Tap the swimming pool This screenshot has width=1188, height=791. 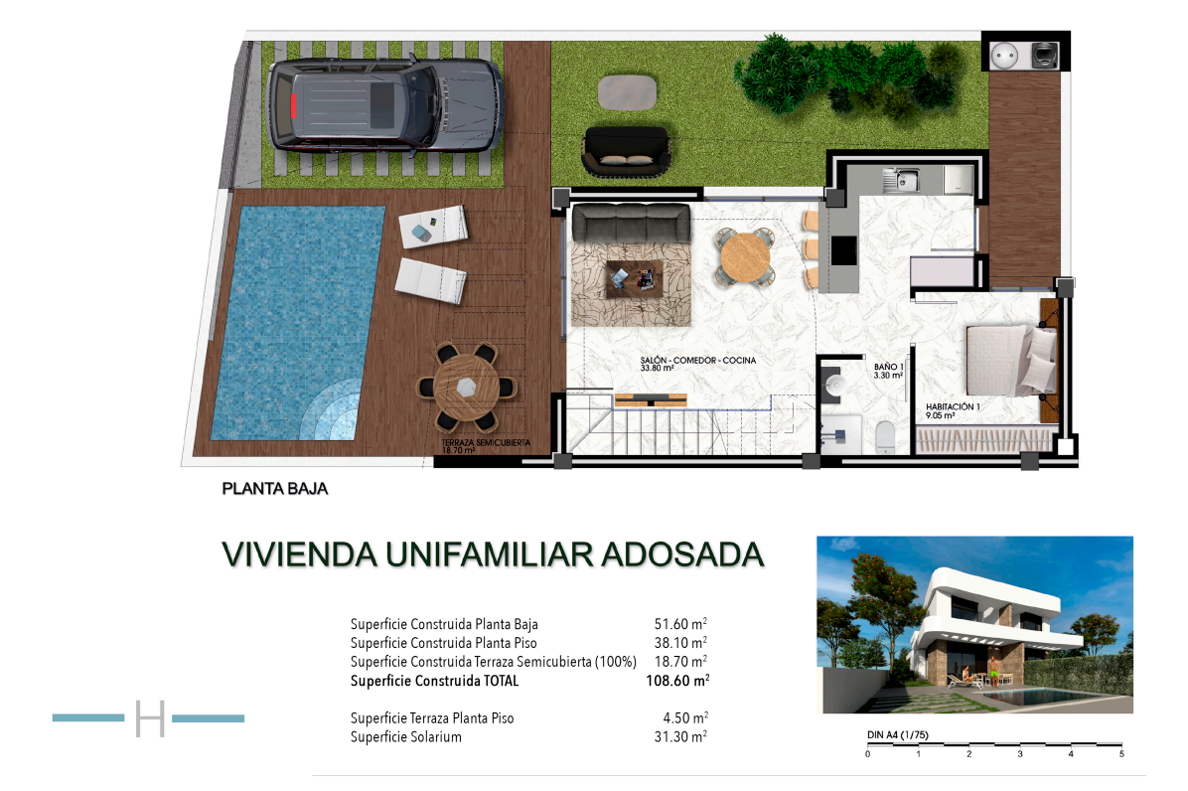tap(298, 324)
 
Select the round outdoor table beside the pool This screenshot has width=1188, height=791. tap(466, 388)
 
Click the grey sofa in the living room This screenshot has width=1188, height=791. tap(631, 222)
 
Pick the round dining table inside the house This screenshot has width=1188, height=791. tap(746, 257)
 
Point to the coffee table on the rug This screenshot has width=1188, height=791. tap(635, 279)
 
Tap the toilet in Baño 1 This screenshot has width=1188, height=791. tap(884, 437)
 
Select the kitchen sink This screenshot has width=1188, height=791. tap(902, 180)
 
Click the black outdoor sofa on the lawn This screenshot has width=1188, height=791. tap(626, 151)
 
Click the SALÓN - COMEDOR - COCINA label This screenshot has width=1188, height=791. tap(697, 361)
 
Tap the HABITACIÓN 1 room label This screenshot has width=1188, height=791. tap(953, 406)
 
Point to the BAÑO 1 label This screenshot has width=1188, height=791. tap(889, 367)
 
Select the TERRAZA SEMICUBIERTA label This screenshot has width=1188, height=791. tap(486, 442)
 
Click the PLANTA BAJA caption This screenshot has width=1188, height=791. tap(274, 489)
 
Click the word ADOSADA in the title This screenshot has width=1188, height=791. tap(681, 554)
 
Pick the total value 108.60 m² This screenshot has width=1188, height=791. tap(677, 681)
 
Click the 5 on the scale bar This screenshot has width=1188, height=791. tap(1121, 754)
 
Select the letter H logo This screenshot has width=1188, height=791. tap(150, 718)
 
